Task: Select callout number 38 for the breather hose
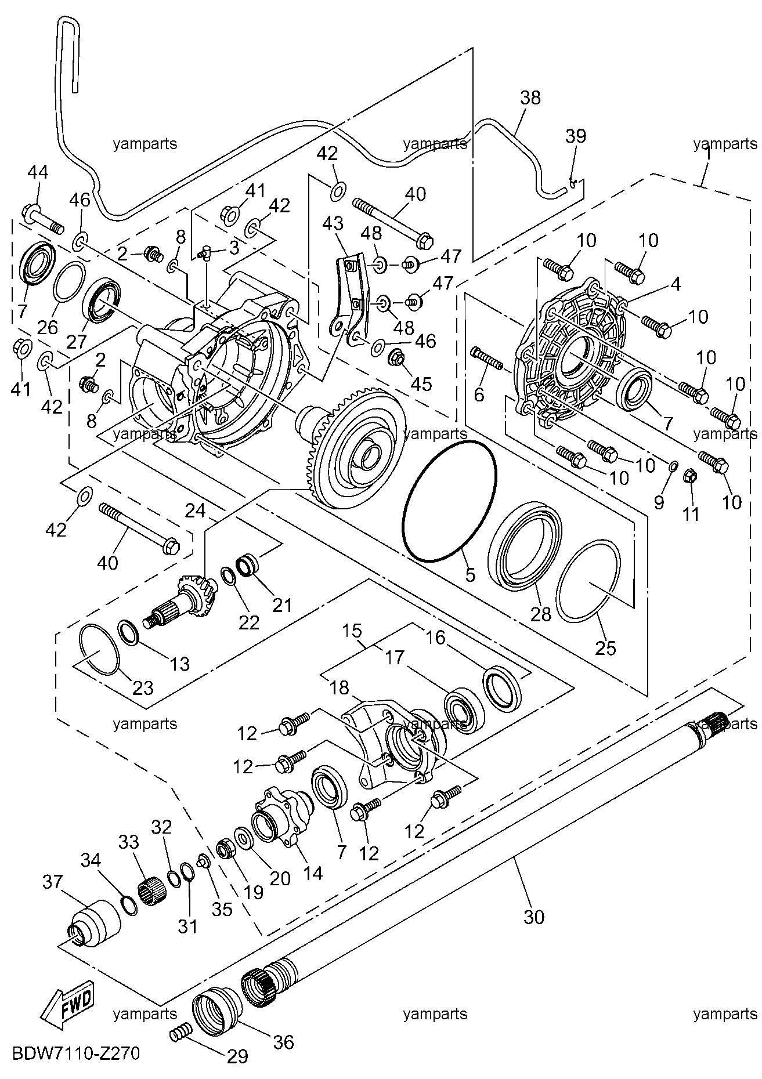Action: pyautogui.click(x=530, y=97)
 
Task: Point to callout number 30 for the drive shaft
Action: pyautogui.click(x=534, y=917)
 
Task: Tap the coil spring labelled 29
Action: pyautogui.click(x=180, y=1032)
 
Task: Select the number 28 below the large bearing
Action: pyautogui.click(x=541, y=614)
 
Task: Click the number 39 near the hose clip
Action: pyautogui.click(x=576, y=136)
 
